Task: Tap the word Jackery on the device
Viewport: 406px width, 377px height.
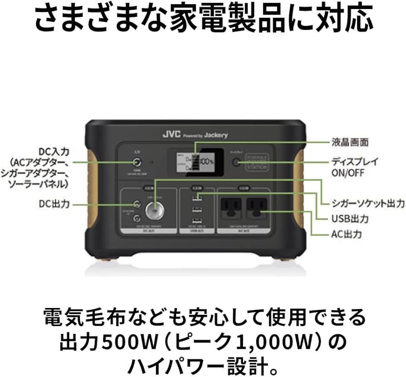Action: [x=216, y=135]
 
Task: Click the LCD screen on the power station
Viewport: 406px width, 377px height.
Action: [x=197, y=161]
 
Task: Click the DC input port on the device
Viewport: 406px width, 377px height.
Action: [x=136, y=162]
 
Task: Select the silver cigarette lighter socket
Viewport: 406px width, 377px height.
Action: [x=155, y=211]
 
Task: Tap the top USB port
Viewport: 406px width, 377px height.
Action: [x=197, y=197]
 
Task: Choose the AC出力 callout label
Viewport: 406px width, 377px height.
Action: [x=346, y=235]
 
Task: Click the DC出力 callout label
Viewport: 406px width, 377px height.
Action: [x=54, y=204]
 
